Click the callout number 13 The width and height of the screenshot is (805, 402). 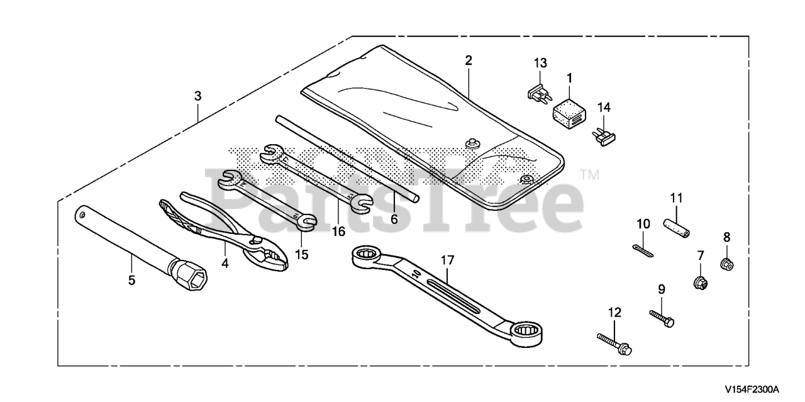pyautogui.click(x=540, y=63)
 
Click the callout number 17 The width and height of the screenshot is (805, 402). pyautogui.click(x=448, y=259)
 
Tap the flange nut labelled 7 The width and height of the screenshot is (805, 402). pyautogui.click(x=701, y=284)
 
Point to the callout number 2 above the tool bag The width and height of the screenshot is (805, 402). pyautogui.click(x=469, y=60)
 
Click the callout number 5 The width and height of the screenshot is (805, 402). pyautogui.click(x=131, y=281)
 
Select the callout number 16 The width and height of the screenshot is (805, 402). pyautogui.click(x=339, y=232)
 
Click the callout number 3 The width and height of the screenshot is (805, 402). pyautogui.click(x=197, y=96)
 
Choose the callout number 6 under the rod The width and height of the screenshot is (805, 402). pyautogui.click(x=394, y=219)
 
